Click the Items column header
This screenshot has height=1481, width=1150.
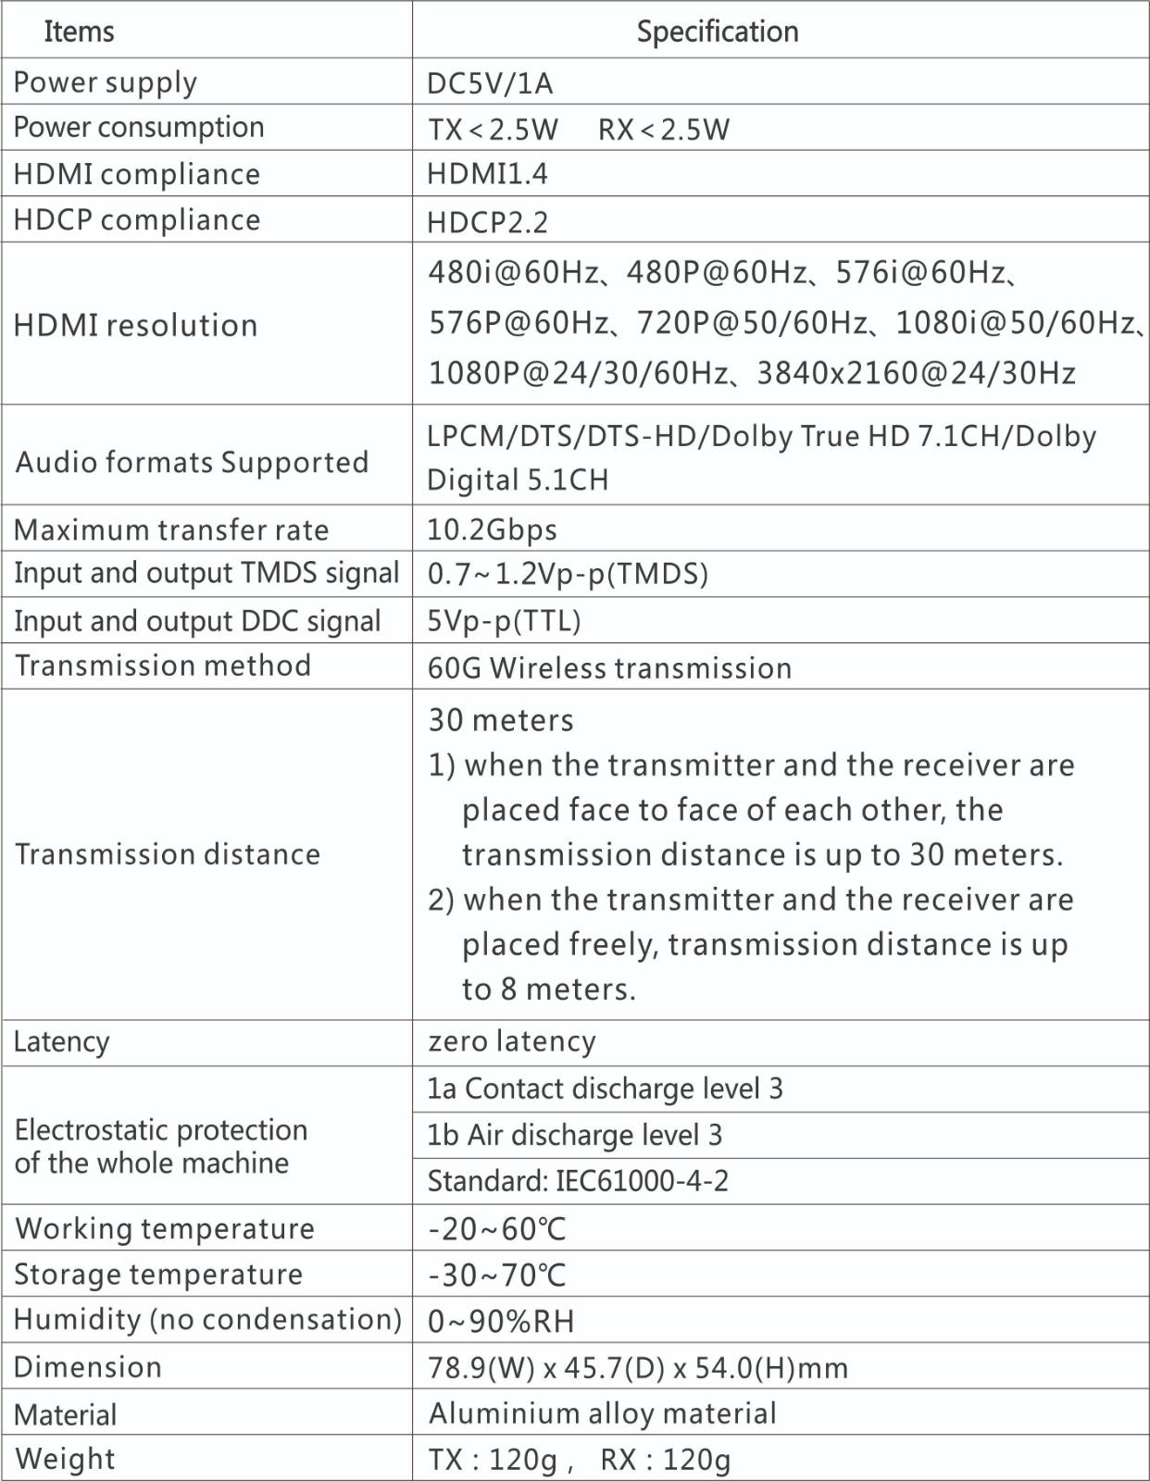pos(79,31)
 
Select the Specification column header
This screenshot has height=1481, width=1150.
pos(717,31)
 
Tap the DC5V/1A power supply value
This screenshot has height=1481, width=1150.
pos(490,83)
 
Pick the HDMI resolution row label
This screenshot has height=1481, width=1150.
pos(135,325)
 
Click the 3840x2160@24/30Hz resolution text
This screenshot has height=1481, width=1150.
pos(916,373)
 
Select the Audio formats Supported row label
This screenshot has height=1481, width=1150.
pos(192,461)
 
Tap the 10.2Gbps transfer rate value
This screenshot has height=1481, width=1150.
pos(492,529)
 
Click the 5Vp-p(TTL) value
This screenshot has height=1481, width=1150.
pos(504,620)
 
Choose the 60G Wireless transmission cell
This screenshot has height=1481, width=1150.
pos(609,667)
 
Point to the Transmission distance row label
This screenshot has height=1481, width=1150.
pos(168,853)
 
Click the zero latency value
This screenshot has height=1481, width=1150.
pos(512,1041)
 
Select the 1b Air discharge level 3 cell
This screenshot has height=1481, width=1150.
pos(574,1135)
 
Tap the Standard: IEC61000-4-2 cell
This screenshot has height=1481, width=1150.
pos(578,1181)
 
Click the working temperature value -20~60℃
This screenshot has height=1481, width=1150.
pos(497,1228)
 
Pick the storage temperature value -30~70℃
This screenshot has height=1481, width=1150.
pos(497,1275)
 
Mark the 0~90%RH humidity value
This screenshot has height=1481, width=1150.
pos(501,1321)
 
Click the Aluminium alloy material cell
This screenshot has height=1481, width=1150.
pos(602,1413)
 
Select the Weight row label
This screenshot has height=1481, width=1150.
pos(66,1458)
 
